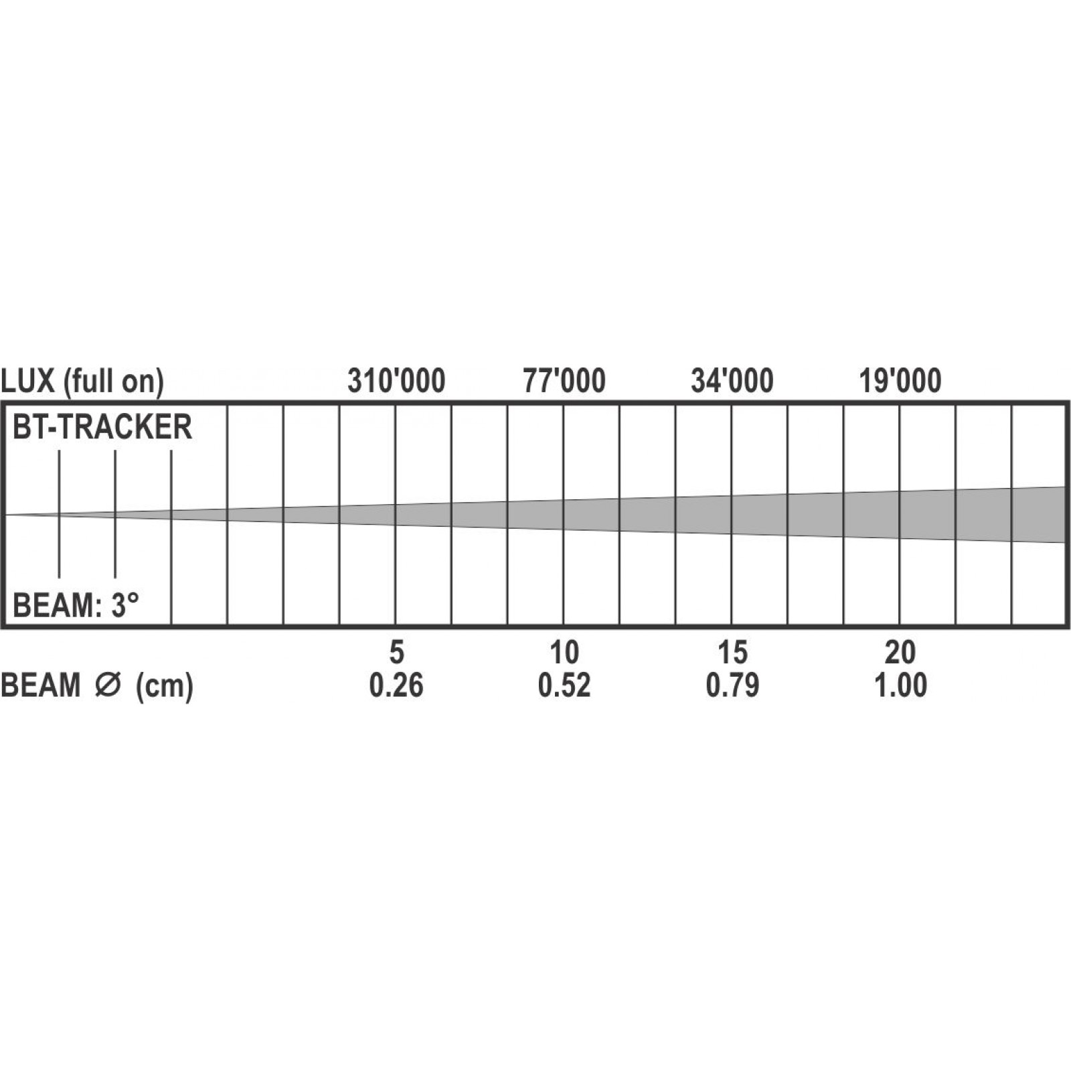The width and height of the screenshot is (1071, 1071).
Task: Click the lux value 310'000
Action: pyautogui.click(x=396, y=382)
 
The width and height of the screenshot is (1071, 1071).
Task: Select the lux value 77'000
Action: pyautogui.click(x=564, y=382)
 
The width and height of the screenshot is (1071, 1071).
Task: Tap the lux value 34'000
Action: pyautogui.click(x=732, y=382)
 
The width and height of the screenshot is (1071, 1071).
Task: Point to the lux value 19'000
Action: pyautogui.click(x=900, y=382)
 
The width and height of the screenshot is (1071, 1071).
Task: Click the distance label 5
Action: pyautogui.click(x=396, y=652)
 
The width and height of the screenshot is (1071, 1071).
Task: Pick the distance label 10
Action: pyautogui.click(x=564, y=652)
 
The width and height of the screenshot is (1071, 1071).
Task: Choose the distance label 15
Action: pyautogui.click(x=732, y=652)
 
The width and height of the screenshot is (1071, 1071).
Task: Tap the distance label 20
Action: pyautogui.click(x=900, y=652)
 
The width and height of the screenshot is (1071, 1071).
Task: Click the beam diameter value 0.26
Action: pyautogui.click(x=396, y=686)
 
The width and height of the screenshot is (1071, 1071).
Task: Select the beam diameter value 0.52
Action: pyautogui.click(x=564, y=686)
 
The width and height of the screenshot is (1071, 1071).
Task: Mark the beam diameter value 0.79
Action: pyautogui.click(x=732, y=686)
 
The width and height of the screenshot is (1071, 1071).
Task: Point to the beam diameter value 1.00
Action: pyautogui.click(x=900, y=686)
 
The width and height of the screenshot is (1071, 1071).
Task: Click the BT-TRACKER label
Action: pyautogui.click(x=102, y=427)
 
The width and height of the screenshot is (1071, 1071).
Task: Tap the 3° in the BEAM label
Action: pyautogui.click(x=125, y=606)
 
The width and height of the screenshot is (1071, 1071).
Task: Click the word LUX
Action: pyautogui.click(x=27, y=382)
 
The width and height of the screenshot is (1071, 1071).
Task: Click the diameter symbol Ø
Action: pyautogui.click(x=107, y=686)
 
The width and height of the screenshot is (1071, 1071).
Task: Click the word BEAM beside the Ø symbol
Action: pyautogui.click(x=41, y=686)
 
